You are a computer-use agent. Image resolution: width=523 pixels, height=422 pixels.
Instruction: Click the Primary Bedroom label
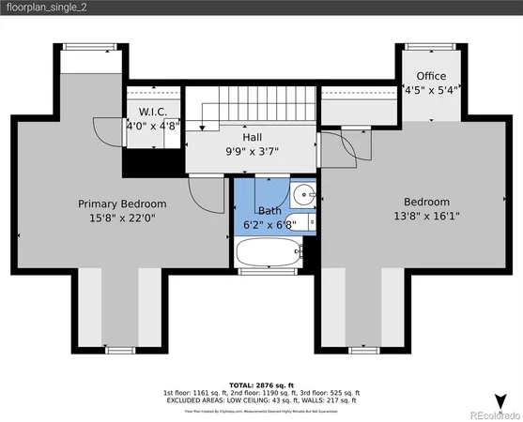(122, 203)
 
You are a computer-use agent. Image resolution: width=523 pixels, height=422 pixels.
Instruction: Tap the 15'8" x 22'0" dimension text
(122, 219)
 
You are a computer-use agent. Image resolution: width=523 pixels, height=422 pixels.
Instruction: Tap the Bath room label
(270, 211)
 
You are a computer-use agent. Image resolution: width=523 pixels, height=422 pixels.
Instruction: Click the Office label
(432, 76)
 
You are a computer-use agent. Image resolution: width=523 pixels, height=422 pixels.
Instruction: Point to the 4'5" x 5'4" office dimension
(432, 91)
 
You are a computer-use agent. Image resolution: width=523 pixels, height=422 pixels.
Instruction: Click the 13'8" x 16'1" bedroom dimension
(426, 217)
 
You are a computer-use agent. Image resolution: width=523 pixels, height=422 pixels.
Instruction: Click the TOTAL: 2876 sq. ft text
(262, 384)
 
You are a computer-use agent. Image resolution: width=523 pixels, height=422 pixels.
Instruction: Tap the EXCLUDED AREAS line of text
(262, 400)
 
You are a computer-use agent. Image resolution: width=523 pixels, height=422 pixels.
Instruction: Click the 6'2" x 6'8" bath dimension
(270, 226)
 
